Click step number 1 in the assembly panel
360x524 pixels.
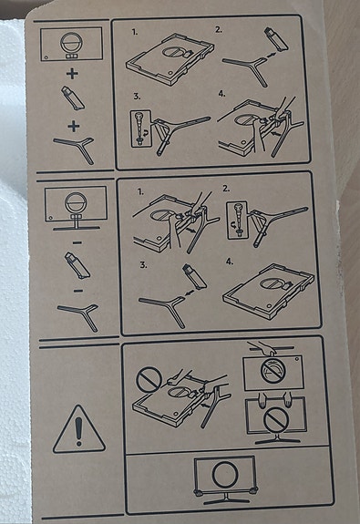[x=135, y=32]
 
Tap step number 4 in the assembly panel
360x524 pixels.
[x=221, y=94]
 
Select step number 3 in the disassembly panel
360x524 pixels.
[x=143, y=265]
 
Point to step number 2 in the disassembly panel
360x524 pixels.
[x=226, y=189]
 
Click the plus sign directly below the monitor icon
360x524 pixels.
[x=72, y=74]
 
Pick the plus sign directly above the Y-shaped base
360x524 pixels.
[x=74, y=127]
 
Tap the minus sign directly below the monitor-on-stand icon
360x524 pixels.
[x=77, y=242]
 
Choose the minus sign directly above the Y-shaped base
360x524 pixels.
[x=78, y=291]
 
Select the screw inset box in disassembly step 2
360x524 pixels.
[x=237, y=221]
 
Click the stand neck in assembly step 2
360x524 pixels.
[x=276, y=40]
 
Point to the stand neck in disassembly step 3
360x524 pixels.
[x=195, y=277]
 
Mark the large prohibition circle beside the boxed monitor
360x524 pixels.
[x=149, y=380]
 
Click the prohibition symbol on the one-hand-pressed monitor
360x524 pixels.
[x=273, y=371]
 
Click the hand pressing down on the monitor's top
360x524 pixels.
[x=264, y=347]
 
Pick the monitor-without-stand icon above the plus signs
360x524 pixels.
[x=71, y=44]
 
